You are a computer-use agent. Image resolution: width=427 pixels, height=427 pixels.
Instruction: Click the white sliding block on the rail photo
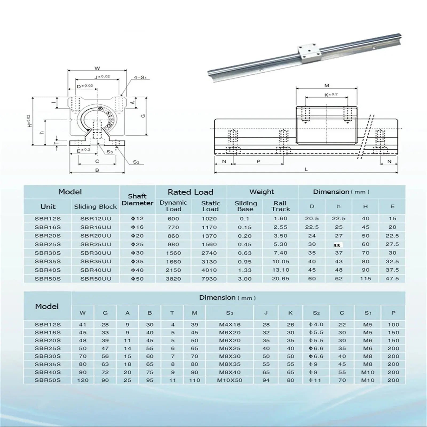pos(306,53)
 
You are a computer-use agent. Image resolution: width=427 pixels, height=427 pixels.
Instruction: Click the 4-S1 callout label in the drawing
pos(140,78)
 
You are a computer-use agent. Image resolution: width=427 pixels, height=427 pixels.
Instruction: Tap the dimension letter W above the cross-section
pos(97,68)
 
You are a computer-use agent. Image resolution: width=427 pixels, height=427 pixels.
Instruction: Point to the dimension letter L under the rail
pos(306,169)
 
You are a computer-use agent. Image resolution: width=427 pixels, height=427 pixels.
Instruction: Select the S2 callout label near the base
pos(136,162)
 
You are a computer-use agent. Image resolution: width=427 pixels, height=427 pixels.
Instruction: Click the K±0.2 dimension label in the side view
pos(331,94)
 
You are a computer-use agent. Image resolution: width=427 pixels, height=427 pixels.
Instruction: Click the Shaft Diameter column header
pos(137,200)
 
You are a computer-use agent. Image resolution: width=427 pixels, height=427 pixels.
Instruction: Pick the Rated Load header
pos(191,192)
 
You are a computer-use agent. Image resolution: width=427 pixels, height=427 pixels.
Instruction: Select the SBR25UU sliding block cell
pos(96,244)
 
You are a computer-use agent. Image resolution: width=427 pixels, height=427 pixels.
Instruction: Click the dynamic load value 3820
pos(173,279)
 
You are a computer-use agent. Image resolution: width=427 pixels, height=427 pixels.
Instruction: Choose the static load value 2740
pos(209,253)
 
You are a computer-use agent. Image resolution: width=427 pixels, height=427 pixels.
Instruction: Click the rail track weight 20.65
pos(280,279)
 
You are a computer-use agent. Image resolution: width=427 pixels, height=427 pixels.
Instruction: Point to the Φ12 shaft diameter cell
pos(137,219)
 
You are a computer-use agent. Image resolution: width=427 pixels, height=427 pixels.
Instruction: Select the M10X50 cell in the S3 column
pos(230,380)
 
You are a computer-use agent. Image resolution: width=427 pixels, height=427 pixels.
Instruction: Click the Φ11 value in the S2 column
pos(316,380)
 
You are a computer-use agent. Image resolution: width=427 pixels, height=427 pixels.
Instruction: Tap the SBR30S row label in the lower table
pos(48,356)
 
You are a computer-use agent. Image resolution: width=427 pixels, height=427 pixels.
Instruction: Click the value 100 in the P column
pos(393,325)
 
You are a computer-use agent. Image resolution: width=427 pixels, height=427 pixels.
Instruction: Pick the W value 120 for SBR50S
pos(83,380)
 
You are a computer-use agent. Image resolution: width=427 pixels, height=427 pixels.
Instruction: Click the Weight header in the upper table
pos(262,192)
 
